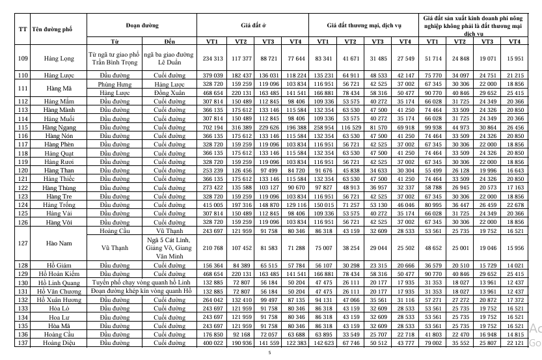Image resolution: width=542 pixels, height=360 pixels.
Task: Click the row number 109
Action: click(23, 59)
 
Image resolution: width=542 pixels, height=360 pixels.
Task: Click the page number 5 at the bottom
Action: click(269, 353)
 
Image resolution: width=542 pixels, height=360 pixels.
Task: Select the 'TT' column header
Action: click(23, 29)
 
